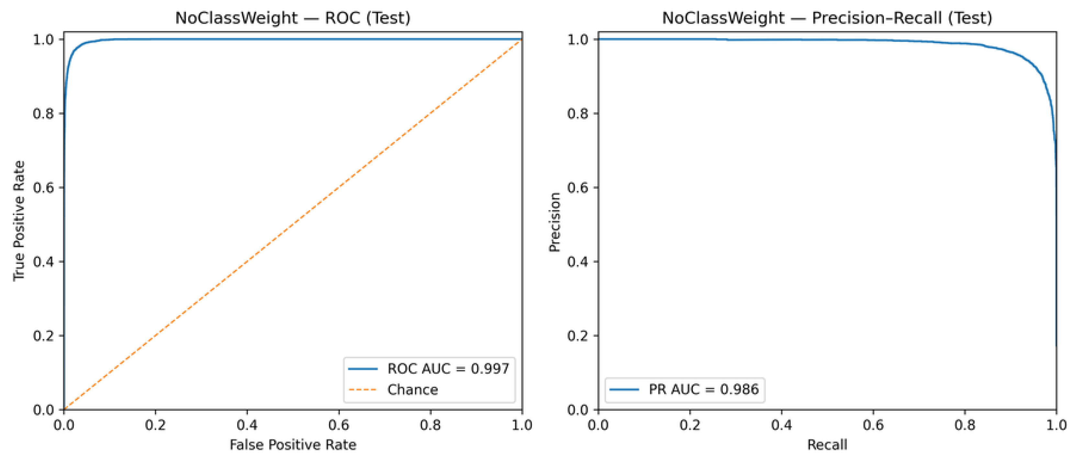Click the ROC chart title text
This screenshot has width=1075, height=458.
pyautogui.click(x=293, y=18)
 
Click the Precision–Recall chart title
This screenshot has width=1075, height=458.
pyautogui.click(x=827, y=18)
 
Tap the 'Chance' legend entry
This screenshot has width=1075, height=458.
pyautogui.click(x=412, y=390)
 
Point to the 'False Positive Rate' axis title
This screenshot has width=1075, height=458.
pyautogui.click(x=293, y=445)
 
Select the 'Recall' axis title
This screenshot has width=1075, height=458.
pyautogui.click(x=827, y=445)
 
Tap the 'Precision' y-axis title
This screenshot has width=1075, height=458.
pyautogui.click(x=554, y=222)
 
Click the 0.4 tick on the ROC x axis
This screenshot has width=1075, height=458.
pyautogui.click(x=247, y=425)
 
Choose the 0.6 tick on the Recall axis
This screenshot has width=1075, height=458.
pyautogui.click(x=873, y=425)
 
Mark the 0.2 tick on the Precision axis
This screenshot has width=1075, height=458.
pyautogui.click(x=577, y=336)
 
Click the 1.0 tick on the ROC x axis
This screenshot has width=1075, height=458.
pyautogui.click(x=522, y=425)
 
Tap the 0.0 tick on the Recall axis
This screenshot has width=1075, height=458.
pyautogui.click(x=598, y=425)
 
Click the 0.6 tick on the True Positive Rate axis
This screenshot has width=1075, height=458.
pyautogui.click(x=43, y=188)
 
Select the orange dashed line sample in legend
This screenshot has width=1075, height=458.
pyautogui.click(x=362, y=390)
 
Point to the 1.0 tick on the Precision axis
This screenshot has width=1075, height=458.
pyautogui.click(x=577, y=40)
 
